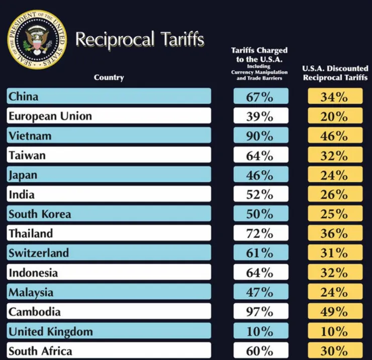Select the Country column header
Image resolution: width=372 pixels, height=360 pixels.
109,77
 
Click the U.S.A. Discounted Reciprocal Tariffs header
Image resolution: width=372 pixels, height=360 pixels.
335,73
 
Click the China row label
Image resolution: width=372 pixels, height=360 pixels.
109,96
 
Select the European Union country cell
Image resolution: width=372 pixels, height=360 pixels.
109,116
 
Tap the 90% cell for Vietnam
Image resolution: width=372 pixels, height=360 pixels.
260,136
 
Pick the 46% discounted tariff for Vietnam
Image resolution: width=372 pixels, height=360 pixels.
335,136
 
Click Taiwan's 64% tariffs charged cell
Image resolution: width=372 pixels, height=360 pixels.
260,155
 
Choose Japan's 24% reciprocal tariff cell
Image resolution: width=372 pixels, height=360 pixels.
335,175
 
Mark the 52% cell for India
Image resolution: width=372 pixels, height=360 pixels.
260,194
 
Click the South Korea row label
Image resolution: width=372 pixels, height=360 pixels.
109,214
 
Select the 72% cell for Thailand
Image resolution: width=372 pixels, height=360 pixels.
260,233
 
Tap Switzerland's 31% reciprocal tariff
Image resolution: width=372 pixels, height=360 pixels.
335,253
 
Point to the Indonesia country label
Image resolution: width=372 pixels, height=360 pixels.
109,273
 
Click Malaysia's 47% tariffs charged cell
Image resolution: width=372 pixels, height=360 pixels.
260,292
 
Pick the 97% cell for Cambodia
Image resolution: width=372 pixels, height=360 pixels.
260,312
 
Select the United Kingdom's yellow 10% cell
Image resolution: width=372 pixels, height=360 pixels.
335,331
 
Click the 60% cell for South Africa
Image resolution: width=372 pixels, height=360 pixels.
260,350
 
